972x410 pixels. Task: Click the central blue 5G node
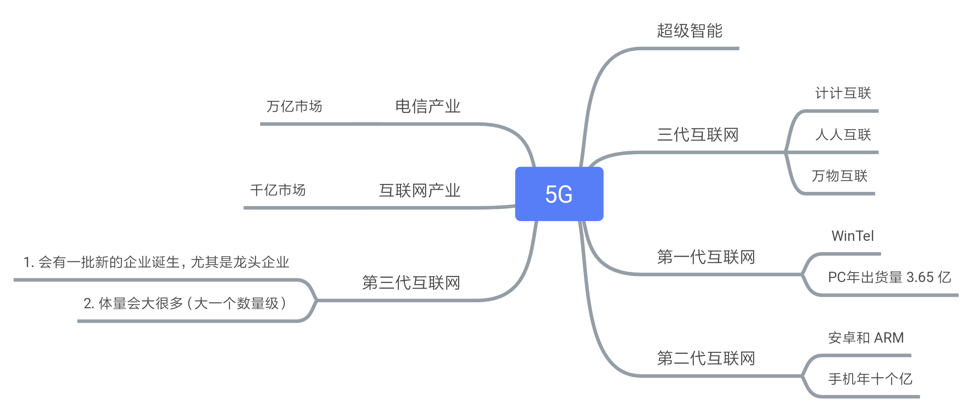pyautogui.click(x=559, y=194)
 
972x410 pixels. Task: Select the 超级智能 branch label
pyautogui.click(x=690, y=31)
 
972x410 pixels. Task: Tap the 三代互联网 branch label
pyautogui.click(x=698, y=135)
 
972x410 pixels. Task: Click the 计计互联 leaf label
pyautogui.click(x=843, y=93)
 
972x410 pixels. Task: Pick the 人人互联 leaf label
pyautogui.click(x=843, y=135)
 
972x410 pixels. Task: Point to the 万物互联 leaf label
pyautogui.click(x=839, y=176)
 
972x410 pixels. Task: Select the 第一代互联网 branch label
pyautogui.click(x=706, y=257)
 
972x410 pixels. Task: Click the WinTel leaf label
pyautogui.click(x=852, y=236)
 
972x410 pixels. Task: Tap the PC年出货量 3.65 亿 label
pyautogui.click(x=889, y=277)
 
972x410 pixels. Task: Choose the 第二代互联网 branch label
pyautogui.click(x=706, y=358)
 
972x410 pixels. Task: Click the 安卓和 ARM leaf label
pyautogui.click(x=866, y=338)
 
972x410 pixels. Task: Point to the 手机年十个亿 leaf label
pyautogui.click(x=870, y=379)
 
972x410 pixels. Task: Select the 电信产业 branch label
pyautogui.click(x=428, y=106)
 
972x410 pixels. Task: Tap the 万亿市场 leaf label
pyautogui.click(x=294, y=106)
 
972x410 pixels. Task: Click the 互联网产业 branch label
pyautogui.click(x=419, y=191)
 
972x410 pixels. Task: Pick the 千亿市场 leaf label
pyautogui.click(x=278, y=190)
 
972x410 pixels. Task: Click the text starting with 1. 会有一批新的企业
pyautogui.click(x=156, y=262)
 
